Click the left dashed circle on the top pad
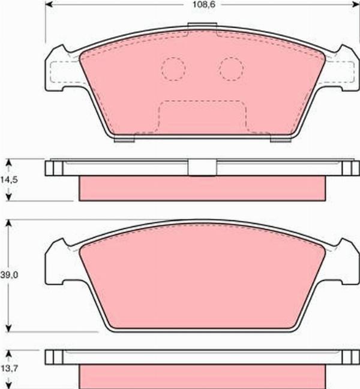(x=173, y=68)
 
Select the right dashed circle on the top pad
(x=231, y=68)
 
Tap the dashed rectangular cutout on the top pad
(x=202, y=116)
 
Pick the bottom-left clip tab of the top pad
(x=124, y=140)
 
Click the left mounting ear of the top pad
(x=60, y=69)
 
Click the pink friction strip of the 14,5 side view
(x=202, y=188)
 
